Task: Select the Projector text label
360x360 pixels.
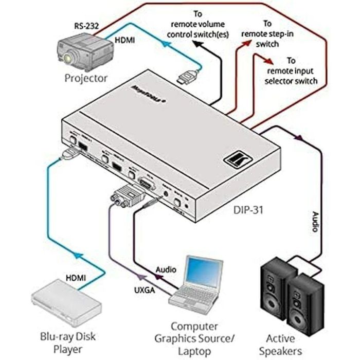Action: point(86,78)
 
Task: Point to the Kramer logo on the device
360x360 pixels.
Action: point(233,160)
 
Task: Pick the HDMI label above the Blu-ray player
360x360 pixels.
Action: point(76,278)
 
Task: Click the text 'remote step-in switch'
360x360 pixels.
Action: point(266,34)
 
